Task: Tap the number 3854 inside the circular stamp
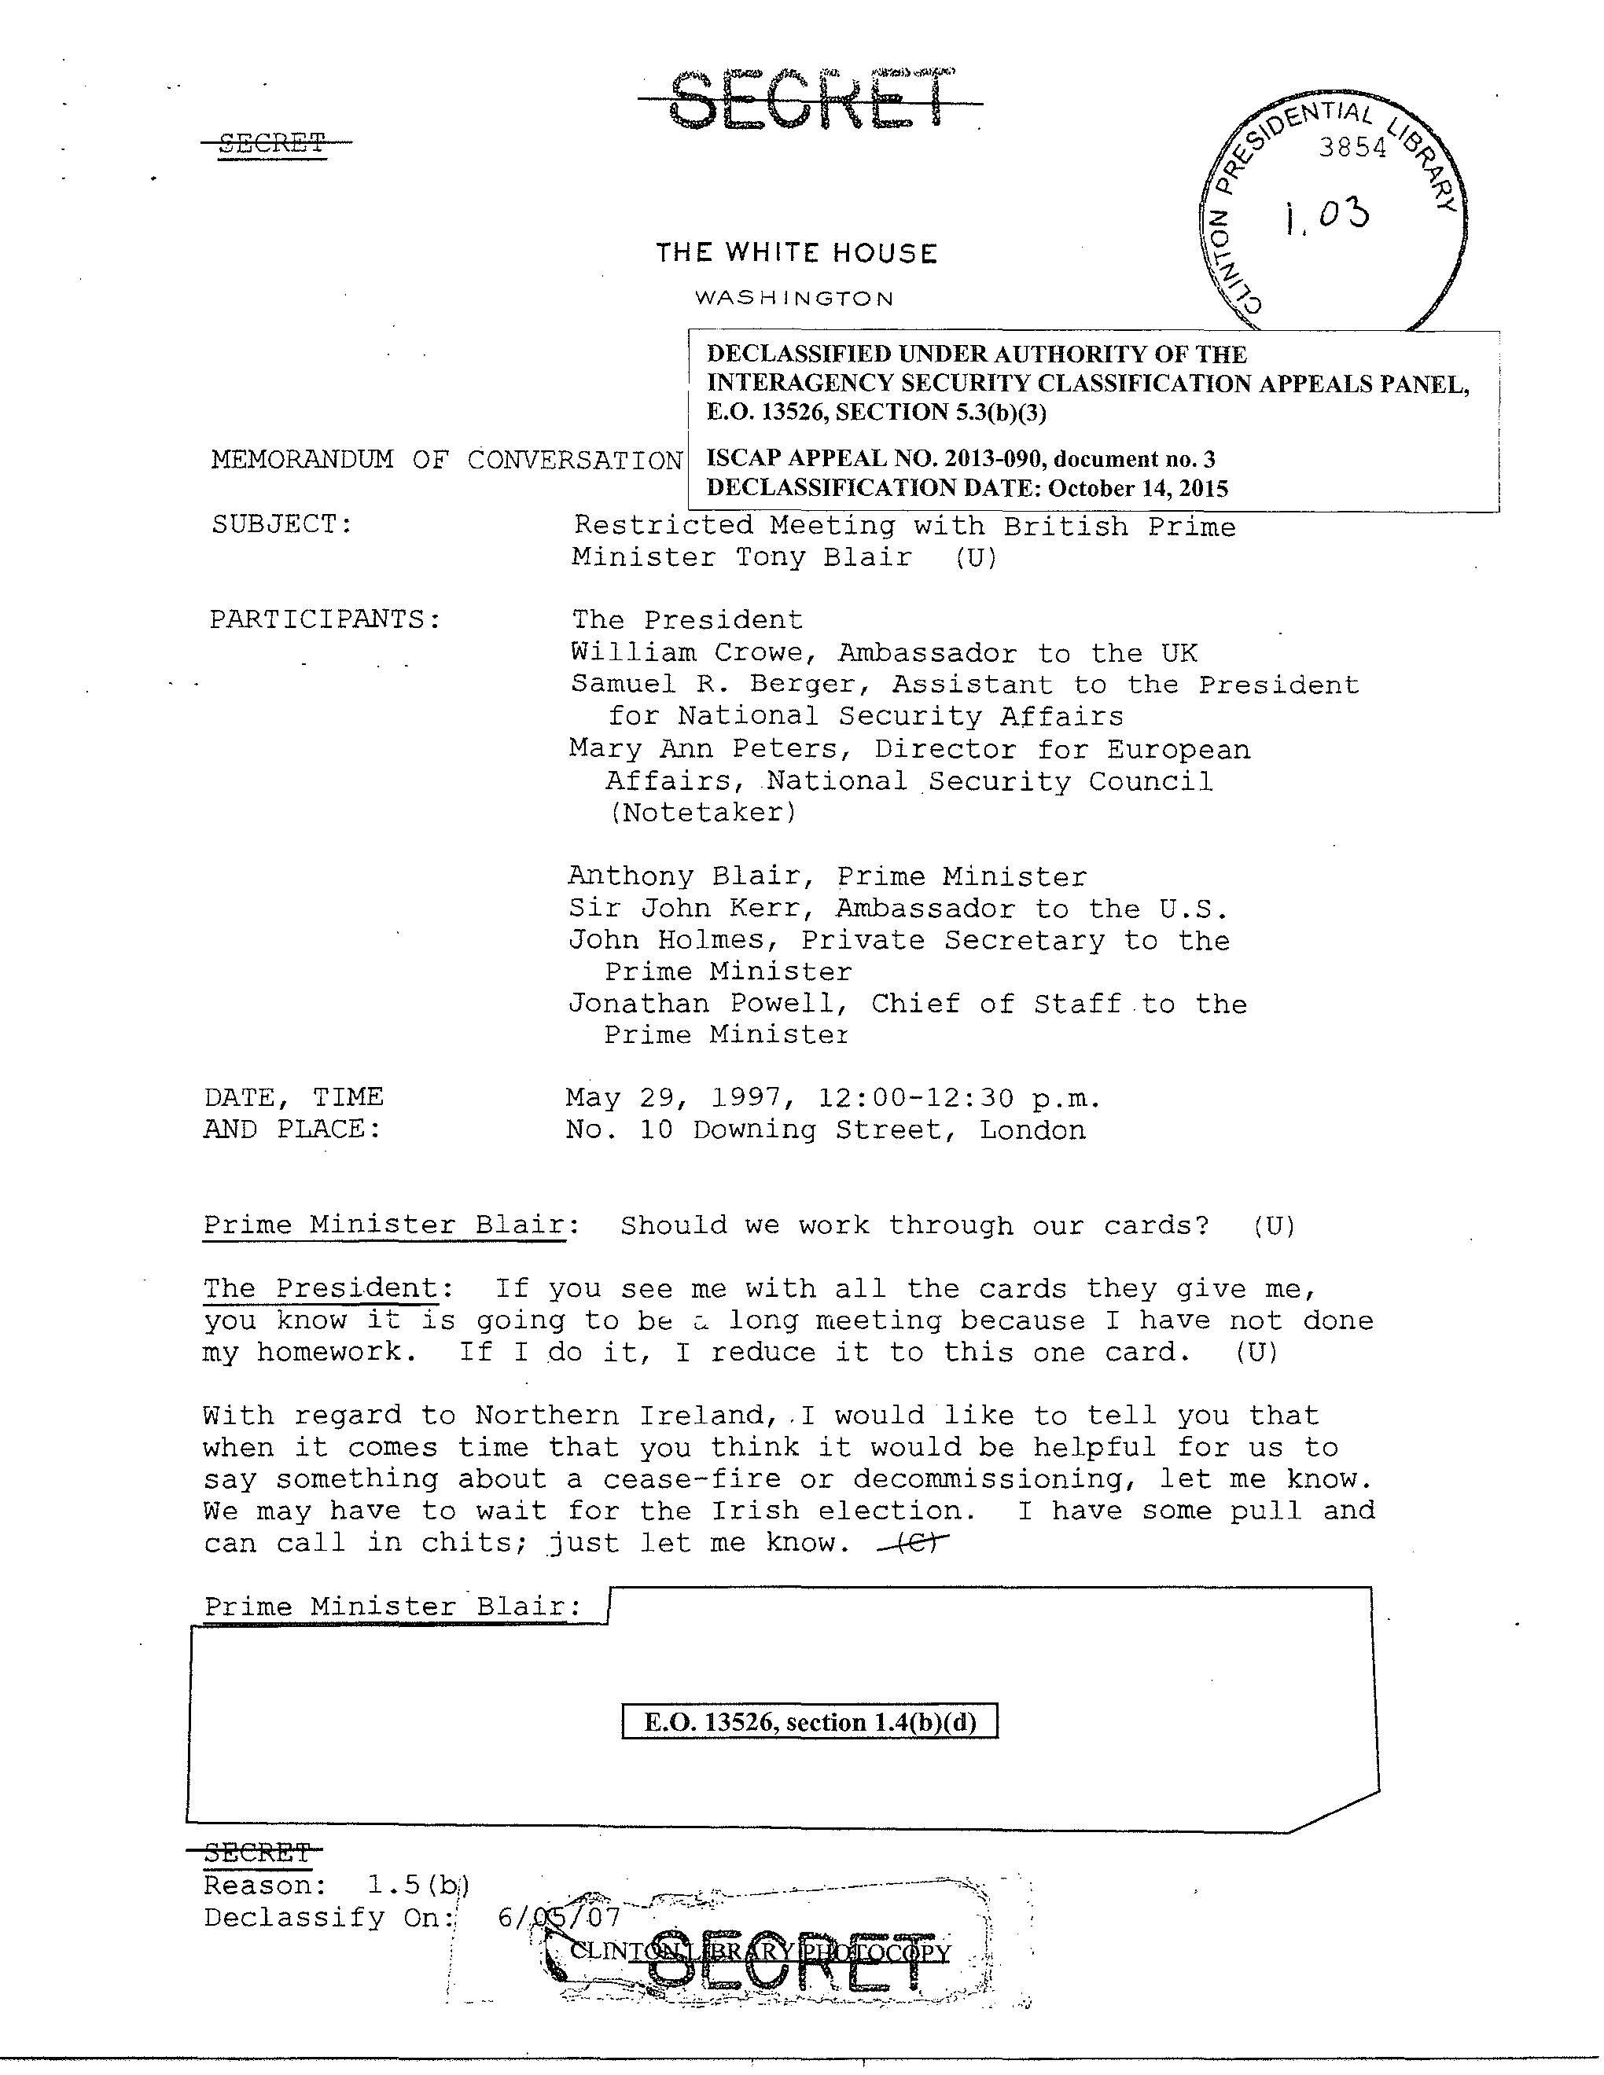click(x=1352, y=149)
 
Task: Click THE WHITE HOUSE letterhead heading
click(x=796, y=254)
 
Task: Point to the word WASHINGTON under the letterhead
click(x=794, y=299)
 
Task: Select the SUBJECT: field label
click(x=282, y=523)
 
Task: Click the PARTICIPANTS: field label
click(x=325, y=619)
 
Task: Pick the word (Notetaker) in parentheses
click(x=702, y=813)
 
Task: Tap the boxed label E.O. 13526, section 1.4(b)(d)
click(x=810, y=1723)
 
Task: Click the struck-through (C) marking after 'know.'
click(x=913, y=1544)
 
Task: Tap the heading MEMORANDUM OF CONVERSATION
click(x=447, y=460)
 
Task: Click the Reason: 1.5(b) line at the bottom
click(x=337, y=1885)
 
